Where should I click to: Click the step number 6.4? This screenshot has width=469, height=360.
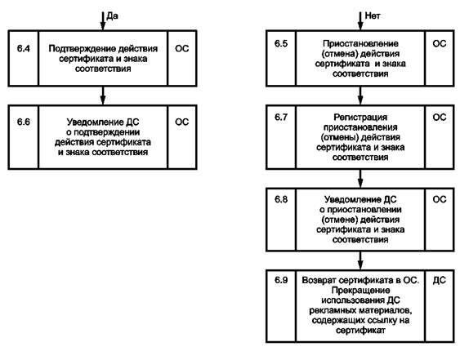[x=24, y=48]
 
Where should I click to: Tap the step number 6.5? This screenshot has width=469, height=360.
[x=281, y=43]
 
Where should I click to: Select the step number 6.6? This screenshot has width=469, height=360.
[x=24, y=122]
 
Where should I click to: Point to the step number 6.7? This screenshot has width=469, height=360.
[x=281, y=117]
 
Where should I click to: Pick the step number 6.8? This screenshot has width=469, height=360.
[x=281, y=199]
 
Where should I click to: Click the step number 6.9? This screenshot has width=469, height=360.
[x=281, y=280]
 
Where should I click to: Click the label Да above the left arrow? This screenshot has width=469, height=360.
[x=112, y=16]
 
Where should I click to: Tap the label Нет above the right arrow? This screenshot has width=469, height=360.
[x=373, y=16]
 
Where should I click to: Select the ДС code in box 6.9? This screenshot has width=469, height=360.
[x=439, y=280]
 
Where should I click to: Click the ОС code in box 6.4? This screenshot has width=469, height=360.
[x=182, y=48]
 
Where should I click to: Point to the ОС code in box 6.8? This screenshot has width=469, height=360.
[x=440, y=199]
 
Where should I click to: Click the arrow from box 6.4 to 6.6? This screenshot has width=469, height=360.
[x=103, y=96]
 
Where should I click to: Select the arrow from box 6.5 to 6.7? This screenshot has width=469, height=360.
[x=360, y=96]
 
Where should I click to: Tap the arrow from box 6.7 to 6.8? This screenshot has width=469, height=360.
[x=360, y=179]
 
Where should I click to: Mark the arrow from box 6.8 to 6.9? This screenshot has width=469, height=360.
[x=360, y=260]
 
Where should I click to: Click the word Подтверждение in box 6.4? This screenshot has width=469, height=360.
[x=82, y=49]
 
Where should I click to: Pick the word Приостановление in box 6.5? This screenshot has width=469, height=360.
[x=360, y=44]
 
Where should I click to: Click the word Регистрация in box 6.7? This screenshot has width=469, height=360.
[x=360, y=118]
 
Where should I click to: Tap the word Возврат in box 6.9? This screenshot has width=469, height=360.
[x=320, y=280]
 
